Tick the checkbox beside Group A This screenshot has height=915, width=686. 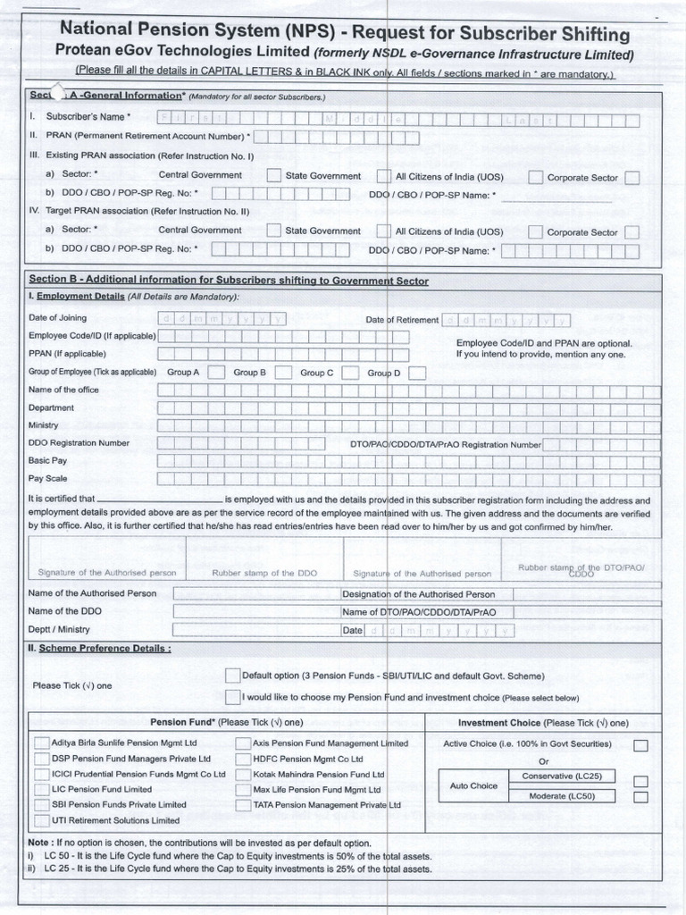click(x=216, y=373)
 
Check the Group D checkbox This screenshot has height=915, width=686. click(x=417, y=373)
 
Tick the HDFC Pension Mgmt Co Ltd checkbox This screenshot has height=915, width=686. click(x=243, y=759)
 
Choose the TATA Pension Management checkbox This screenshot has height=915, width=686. click(x=243, y=805)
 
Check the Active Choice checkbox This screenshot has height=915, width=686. click(x=640, y=745)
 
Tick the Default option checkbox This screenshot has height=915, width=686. click(x=233, y=676)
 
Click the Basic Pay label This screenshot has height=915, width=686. click(x=47, y=461)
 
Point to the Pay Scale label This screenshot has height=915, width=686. click(x=48, y=479)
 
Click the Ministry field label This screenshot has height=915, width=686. click(x=43, y=425)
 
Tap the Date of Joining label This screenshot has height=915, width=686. click(x=57, y=318)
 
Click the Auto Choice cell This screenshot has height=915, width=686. click(x=473, y=786)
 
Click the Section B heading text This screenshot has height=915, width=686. click(x=229, y=281)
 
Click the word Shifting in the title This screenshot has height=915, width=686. click(x=586, y=34)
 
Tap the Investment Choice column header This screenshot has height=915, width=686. click(x=542, y=722)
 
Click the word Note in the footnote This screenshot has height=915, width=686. click(x=39, y=843)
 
